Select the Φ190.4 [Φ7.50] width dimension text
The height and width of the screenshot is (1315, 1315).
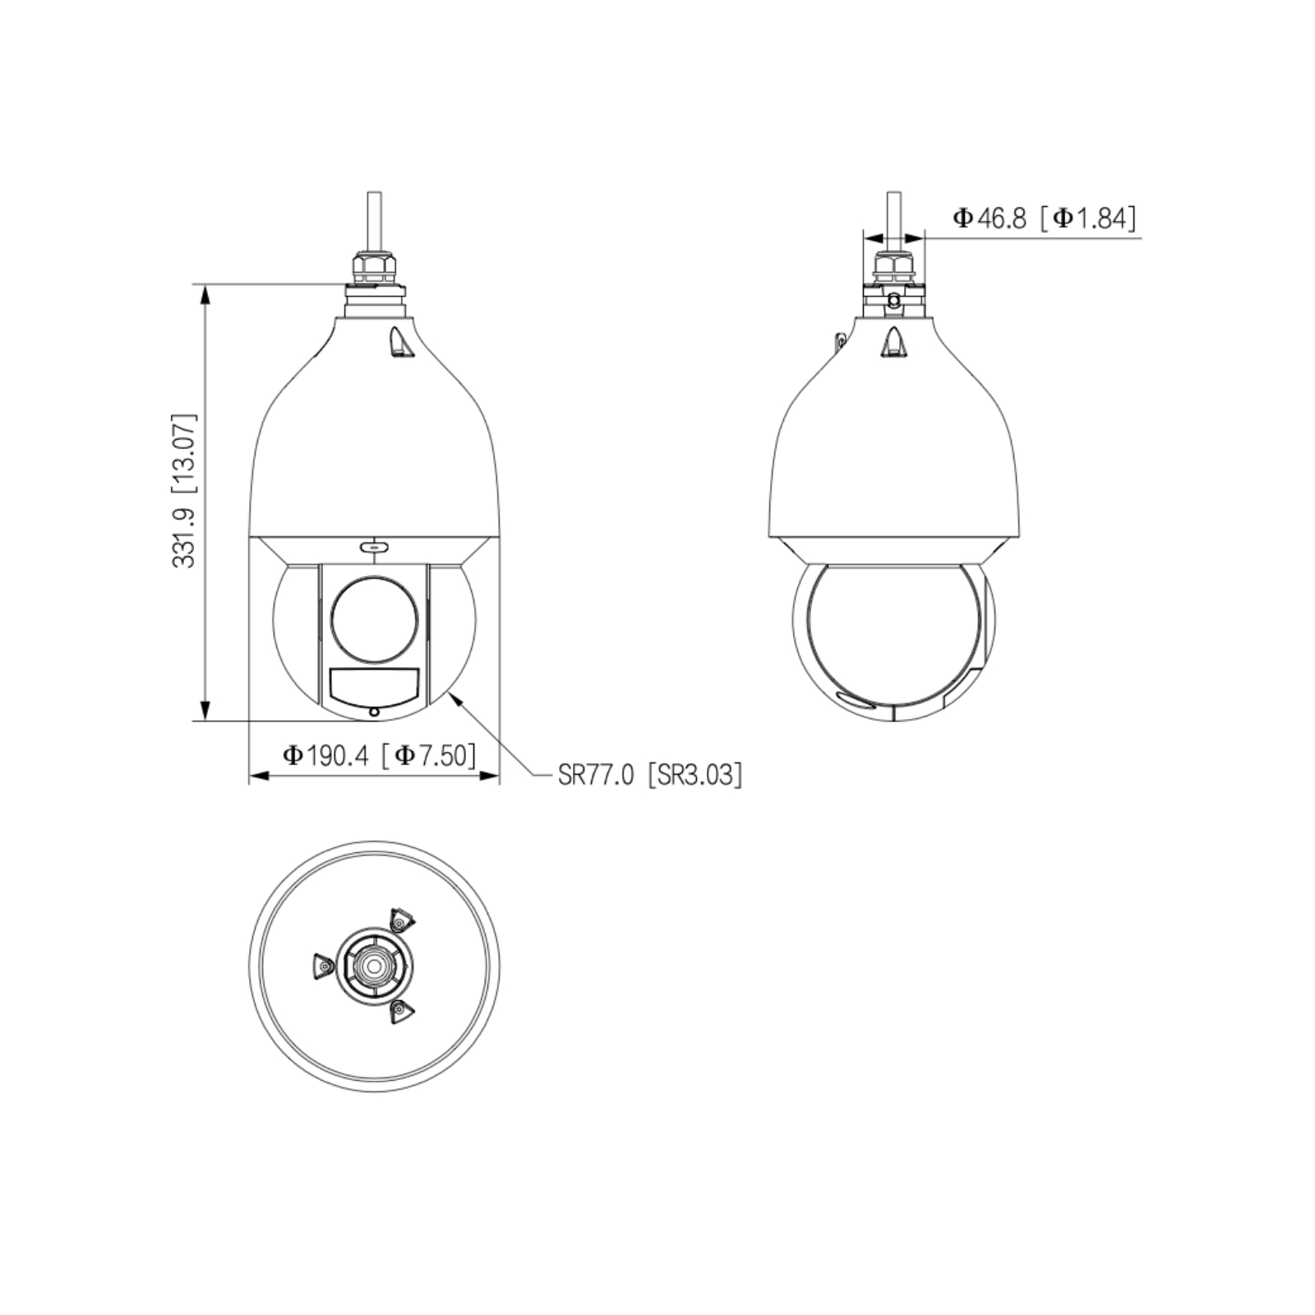[379, 755]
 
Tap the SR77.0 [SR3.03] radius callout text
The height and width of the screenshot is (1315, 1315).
[649, 774]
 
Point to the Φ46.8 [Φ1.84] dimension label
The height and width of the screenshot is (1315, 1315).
[1045, 218]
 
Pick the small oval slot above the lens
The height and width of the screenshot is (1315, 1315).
[374, 546]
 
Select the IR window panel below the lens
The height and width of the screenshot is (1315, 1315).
[374, 686]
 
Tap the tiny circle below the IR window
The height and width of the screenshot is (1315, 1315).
[374, 712]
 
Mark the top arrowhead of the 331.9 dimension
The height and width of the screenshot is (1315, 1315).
[206, 295]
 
